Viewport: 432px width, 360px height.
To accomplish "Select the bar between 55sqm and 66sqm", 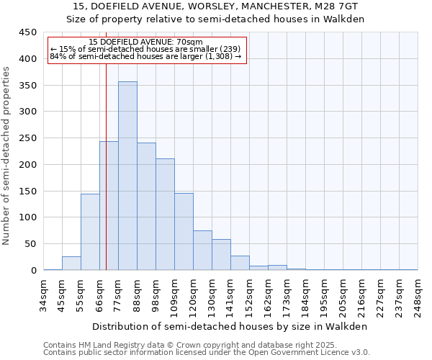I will pyautogui.click(x=90, y=232).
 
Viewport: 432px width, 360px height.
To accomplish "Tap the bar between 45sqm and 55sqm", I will pyautogui.click(x=71, y=264).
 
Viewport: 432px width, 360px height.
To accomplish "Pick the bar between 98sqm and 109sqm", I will pyautogui.click(x=165, y=215).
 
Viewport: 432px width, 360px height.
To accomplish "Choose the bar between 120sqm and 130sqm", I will pyautogui.click(x=202, y=251).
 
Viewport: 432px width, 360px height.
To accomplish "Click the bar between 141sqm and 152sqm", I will pyautogui.click(x=240, y=264).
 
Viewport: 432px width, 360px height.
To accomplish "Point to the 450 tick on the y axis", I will pyautogui.click(x=28, y=32).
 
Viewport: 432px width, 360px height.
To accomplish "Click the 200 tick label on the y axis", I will pyautogui.click(x=28, y=165).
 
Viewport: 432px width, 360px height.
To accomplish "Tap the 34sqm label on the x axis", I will pyautogui.click(x=44, y=293).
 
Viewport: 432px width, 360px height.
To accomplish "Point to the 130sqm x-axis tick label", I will pyautogui.click(x=212, y=295).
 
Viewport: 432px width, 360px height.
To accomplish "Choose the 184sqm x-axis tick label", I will pyautogui.click(x=306, y=295).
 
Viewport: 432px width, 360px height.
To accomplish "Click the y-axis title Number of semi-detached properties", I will pyautogui.click(x=7, y=156).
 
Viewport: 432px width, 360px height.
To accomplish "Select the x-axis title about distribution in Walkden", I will pyautogui.click(x=230, y=326).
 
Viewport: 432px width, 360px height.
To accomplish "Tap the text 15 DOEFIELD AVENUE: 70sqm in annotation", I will pyautogui.click(x=146, y=42).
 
